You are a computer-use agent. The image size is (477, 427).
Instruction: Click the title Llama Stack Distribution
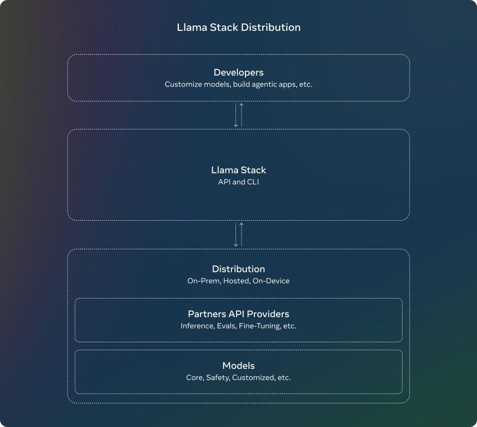(238, 27)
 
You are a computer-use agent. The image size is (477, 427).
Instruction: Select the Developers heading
(238, 73)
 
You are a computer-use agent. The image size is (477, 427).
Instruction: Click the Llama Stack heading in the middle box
(238, 170)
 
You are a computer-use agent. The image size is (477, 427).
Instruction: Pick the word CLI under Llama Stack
(252, 182)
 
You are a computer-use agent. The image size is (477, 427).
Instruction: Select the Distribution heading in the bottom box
(238, 269)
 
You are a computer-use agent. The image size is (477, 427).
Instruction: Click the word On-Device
(271, 281)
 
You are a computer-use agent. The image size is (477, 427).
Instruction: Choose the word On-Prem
(204, 281)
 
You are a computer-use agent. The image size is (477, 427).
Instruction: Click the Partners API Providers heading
(238, 314)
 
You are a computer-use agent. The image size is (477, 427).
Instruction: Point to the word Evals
(227, 326)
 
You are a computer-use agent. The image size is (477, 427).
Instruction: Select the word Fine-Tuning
(258, 326)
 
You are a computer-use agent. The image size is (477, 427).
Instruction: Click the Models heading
(238, 366)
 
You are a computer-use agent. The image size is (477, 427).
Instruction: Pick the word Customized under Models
(253, 378)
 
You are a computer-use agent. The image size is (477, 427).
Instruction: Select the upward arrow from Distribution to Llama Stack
(241, 235)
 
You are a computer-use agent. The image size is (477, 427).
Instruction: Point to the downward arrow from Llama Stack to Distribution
(236, 235)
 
